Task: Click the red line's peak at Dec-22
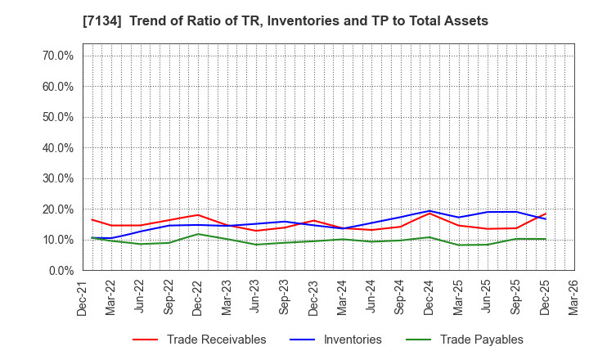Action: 197,215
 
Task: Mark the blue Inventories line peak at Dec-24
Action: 429,211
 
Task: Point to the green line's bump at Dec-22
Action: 197,234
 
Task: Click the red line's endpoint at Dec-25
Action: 545,214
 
